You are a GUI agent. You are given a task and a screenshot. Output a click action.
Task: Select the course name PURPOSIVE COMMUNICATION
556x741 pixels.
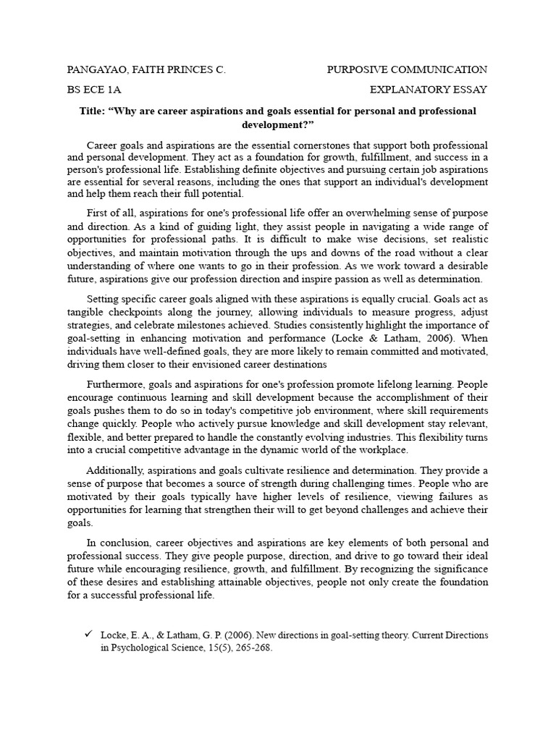click(407, 69)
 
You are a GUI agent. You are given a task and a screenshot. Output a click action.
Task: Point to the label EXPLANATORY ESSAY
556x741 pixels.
click(429, 90)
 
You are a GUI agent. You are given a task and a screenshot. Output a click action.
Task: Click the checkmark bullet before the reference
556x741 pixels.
click(88, 635)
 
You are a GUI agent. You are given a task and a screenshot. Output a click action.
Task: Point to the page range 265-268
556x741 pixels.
click(250, 648)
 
